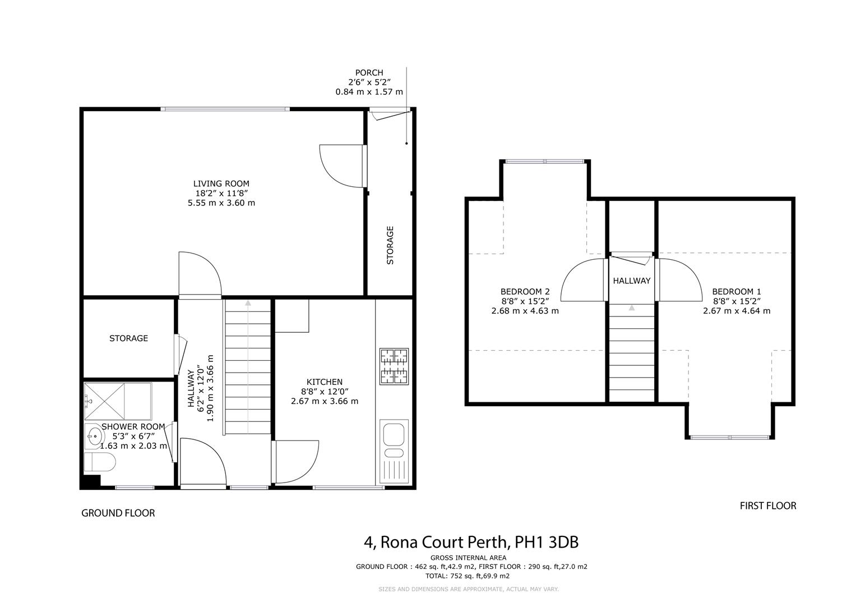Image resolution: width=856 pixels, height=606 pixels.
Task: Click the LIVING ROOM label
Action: coord(221,183)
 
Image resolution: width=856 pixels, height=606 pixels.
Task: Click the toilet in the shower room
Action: coord(100,463)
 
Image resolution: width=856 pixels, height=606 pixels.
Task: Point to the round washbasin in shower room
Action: coord(94,435)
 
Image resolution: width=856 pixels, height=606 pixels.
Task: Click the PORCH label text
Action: coord(369,72)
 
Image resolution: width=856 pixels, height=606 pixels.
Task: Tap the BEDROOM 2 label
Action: coord(525,292)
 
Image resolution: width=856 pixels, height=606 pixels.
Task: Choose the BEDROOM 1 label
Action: coord(736,292)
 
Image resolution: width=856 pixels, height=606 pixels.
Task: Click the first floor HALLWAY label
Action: coord(631,281)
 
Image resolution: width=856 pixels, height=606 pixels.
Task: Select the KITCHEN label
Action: coord(324,382)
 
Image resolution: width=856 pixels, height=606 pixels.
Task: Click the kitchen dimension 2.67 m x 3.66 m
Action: coord(324,401)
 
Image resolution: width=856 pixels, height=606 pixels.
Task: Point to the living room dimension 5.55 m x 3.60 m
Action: coord(221,203)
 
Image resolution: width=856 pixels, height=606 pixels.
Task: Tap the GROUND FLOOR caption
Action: coord(118,513)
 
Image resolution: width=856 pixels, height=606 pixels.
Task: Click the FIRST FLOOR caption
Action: coord(767,506)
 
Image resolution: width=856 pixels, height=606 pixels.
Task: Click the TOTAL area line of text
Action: coord(468,576)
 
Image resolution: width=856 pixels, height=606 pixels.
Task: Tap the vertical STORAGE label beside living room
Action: coord(390,245)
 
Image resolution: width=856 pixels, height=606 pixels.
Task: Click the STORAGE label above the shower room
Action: coord(128,338)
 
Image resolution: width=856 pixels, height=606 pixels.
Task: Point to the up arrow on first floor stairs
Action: coord(632,307)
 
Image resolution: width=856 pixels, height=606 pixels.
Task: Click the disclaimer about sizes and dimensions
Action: coord(468,589)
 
